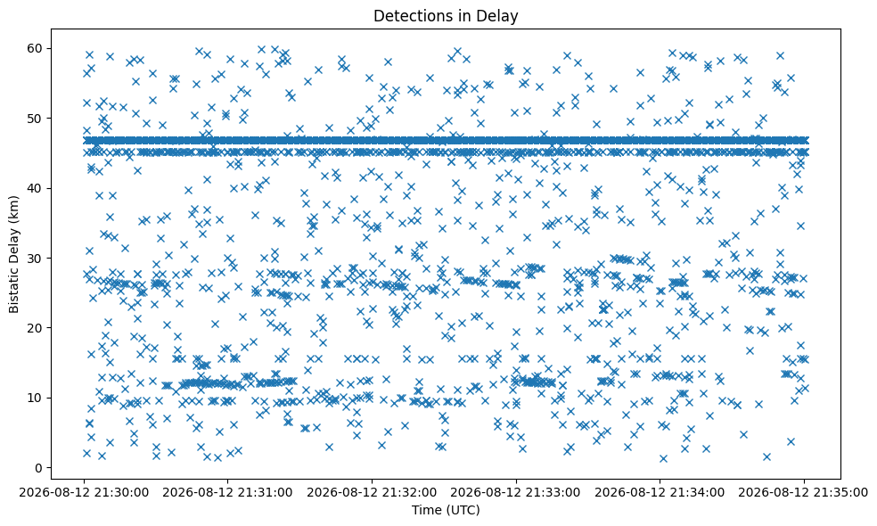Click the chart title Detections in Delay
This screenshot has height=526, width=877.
click(x=446, y=16)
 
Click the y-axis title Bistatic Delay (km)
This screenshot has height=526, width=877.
click(x=13, y=255)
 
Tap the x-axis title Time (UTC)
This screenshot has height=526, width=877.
click(x=446, y=510)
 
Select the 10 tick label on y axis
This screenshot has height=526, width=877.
click(x=37, y=398)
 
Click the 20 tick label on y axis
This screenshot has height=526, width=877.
click(x=37, y=328)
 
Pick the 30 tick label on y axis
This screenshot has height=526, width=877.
click(x=37, y=258)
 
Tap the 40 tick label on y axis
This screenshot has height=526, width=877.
click(x=37, y=189)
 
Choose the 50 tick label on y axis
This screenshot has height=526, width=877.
click(x=37, y=119)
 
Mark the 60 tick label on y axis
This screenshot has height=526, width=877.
click(x=37, y=49)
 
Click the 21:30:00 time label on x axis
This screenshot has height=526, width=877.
click(x=84, y=493)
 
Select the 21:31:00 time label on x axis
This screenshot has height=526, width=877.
click(x=227, y=493)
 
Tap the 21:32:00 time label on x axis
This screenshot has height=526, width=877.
click(x=372, y=493)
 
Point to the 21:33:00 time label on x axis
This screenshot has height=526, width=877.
click(x=516, y=493)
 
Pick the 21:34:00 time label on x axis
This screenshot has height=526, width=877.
click(x=660, y=493)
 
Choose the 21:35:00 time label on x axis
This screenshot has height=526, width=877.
click(x=804, y=493)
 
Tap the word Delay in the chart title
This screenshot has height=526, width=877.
click(x=500, y=16)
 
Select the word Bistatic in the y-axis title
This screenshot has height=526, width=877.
click(x=13, y=292)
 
